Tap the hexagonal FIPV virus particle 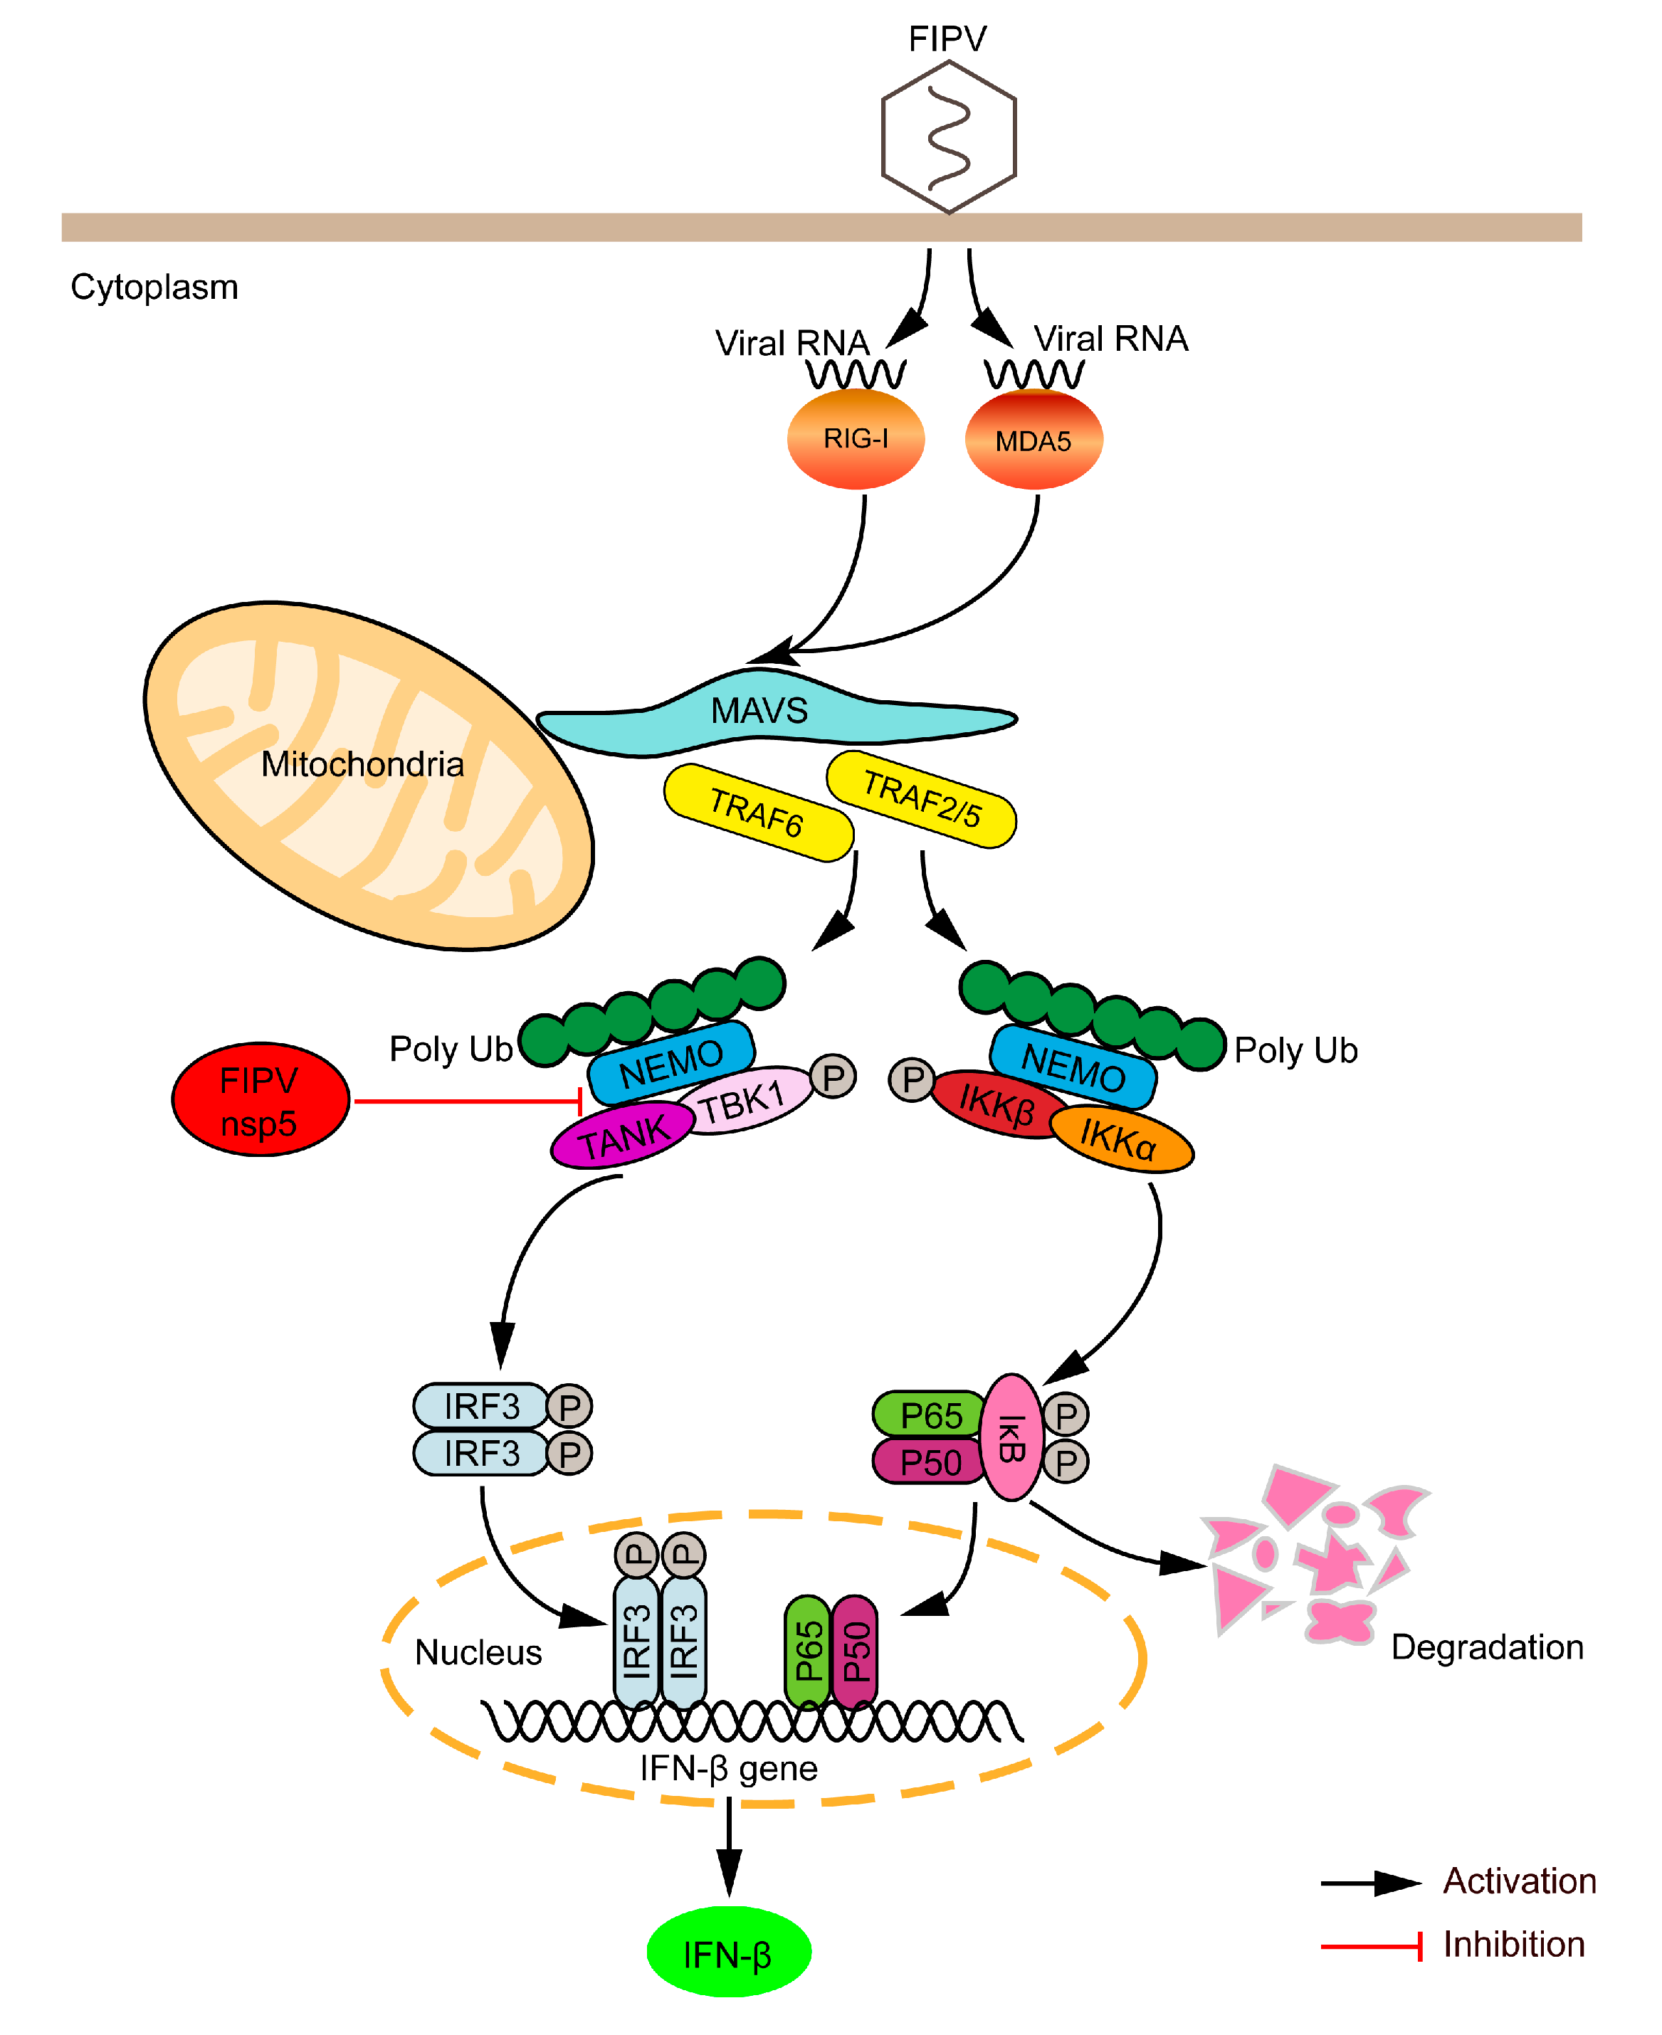tap(948, 136)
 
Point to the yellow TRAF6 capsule tap(757, 812)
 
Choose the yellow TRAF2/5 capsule tap(921, 799)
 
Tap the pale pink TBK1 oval tap(744, 1101)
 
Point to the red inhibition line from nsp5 tap(466, 1101)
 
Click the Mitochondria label tap(362, 764)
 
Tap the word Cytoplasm tap(154, 287)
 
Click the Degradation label tap(1486, 1647)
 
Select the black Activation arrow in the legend tap(1369, 1883)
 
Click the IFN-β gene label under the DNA tap(729, 1768)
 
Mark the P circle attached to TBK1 tap(833, 1077)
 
